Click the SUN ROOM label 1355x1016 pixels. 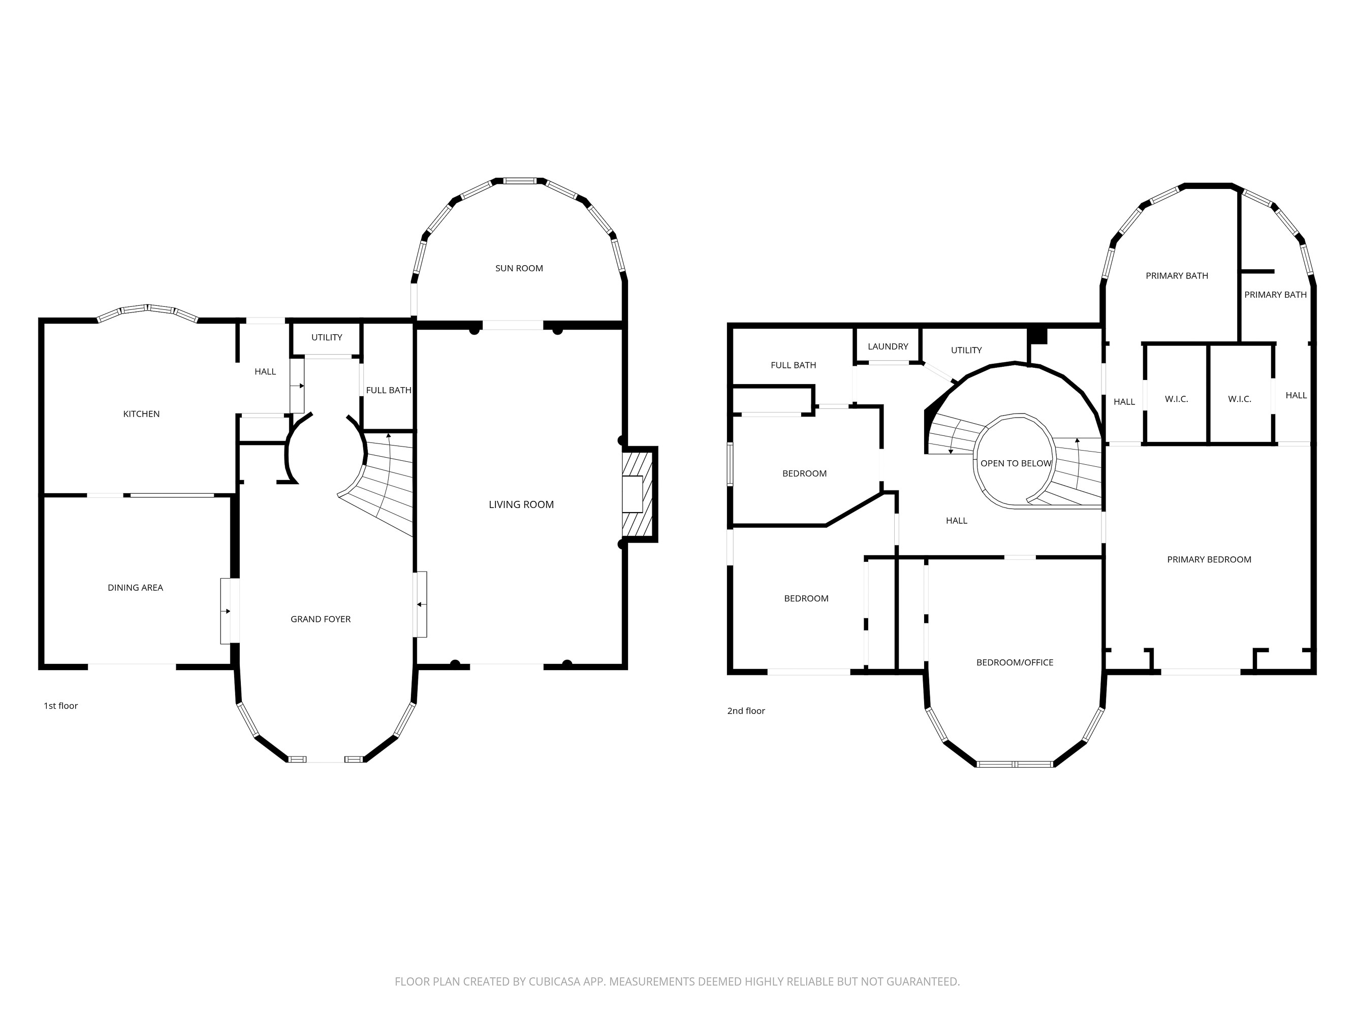tap(519, 268)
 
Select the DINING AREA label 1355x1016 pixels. tap(135, 588)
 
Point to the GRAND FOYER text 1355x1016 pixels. tap(321, 619)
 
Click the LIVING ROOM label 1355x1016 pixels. tap(521, 504)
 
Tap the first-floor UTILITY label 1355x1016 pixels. tap(327, 337)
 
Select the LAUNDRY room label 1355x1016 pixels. tap(888, 346)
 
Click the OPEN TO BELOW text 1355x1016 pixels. tap(1016, 464)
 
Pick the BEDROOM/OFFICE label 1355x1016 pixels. tap(1015, 662)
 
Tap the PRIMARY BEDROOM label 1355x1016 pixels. tap(1209, 560)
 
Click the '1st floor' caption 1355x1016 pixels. tap(60, 706)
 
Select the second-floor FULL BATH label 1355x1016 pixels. tap(793, 365)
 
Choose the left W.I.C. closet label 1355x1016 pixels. tap(1176, 399)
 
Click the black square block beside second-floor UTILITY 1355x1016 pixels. tap(1037, 336)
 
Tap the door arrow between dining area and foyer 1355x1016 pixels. tap(227, 611)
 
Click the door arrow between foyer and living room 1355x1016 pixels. tap(420, 605)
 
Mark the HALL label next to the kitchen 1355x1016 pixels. tap(265, 372)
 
